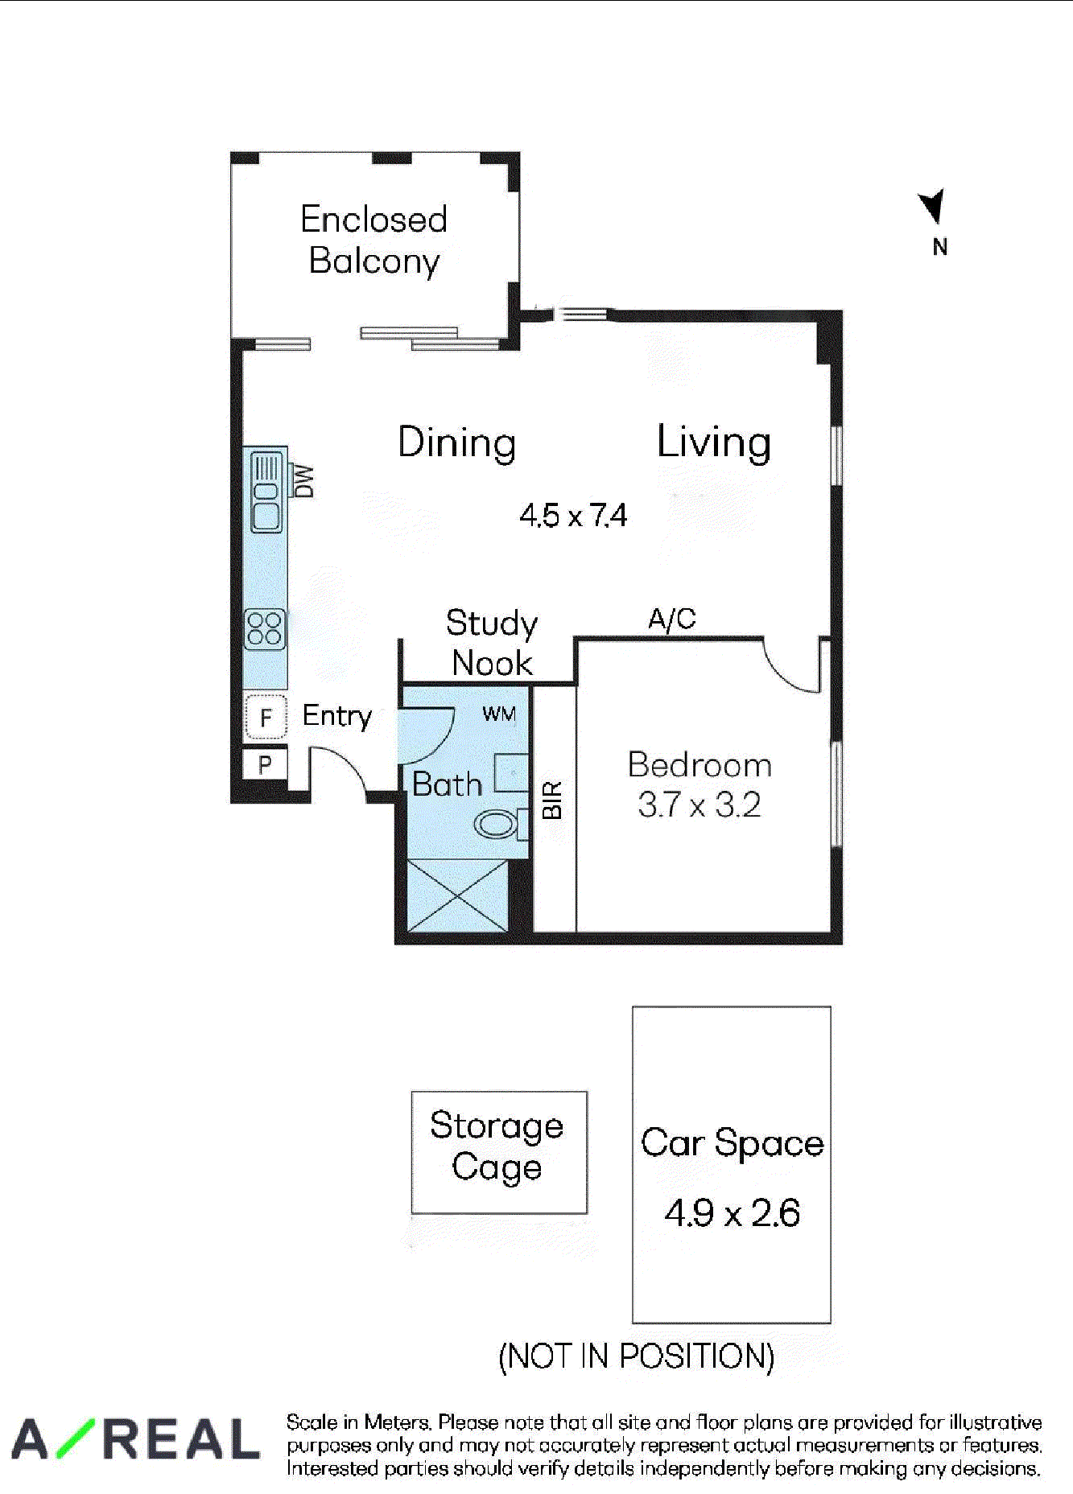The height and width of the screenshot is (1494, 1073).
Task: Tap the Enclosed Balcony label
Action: click(374, 240)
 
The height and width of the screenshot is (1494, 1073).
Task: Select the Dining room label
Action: click(457, 443)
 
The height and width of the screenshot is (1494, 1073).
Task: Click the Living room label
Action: click(714, 442)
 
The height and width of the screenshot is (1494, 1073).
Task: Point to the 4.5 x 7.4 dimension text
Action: click(573, 515)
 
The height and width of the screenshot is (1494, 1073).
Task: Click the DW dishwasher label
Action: click(303, 481)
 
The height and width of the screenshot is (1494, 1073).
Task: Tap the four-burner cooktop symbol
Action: click(265, 629)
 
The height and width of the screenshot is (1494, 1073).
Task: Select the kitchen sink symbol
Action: click(266, 492)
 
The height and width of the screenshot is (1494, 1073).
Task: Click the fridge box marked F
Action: click(266, 716)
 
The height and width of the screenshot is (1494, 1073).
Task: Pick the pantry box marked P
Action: click(265, 764)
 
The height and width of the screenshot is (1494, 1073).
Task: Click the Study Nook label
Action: click(492, 643)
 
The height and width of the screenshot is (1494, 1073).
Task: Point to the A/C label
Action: click(672, 619)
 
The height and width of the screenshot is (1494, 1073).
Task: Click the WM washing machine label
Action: click(499, 714)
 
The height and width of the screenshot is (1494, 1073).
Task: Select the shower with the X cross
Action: click(458, 895)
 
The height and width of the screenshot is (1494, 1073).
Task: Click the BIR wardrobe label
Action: click(552, 800)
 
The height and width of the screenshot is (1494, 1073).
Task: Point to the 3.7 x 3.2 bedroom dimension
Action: click(700, 805)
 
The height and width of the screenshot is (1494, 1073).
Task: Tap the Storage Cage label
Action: click(497, 1146)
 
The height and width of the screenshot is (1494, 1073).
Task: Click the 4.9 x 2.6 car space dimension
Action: click(733, 1212)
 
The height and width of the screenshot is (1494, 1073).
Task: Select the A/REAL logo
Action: click(135, 1439)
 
